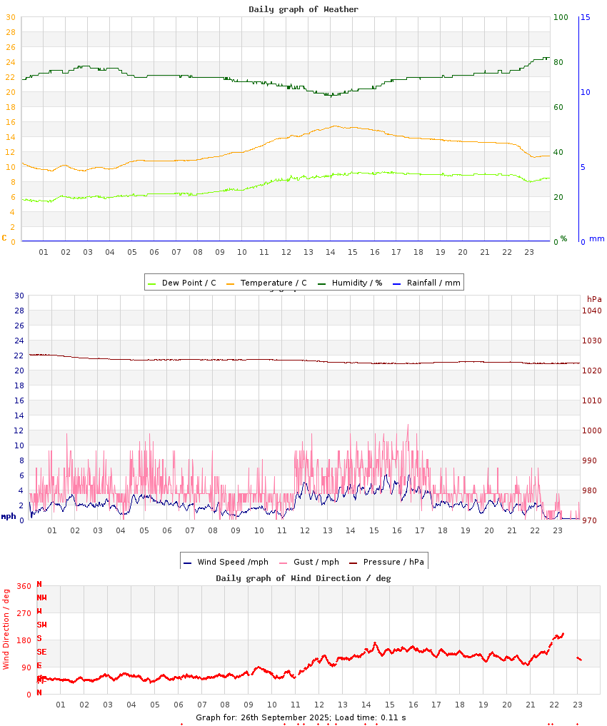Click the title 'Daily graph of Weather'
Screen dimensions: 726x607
point(303,9)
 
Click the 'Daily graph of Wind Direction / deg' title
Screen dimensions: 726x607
point(303,578)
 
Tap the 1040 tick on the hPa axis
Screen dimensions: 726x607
point(591,311)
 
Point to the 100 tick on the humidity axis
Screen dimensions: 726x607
point(561,17)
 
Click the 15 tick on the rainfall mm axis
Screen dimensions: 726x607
point(585,17)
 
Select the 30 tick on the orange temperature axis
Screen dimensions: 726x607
point(11,17)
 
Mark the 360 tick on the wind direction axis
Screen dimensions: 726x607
point(24,586)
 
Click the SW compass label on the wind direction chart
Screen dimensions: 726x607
point(41,625)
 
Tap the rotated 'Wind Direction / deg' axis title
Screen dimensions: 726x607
point(6,628)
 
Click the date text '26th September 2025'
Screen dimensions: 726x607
point(284,717)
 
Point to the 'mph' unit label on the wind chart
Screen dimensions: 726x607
point(9,516)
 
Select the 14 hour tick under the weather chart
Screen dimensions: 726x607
point(330,252)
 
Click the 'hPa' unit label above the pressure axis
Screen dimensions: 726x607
point(594,299)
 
